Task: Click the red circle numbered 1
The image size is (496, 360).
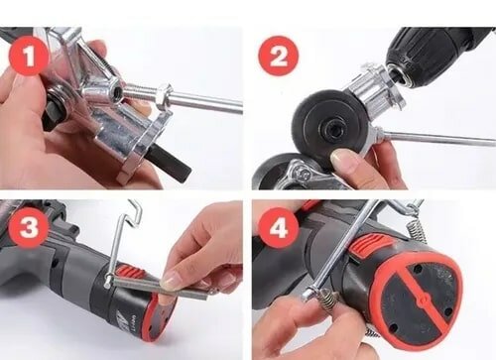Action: click(30, 56)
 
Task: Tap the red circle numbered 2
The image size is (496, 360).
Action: click(278, 56)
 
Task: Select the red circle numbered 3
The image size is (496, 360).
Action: click(29, 227)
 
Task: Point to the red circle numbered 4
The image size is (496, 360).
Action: click(279, 227)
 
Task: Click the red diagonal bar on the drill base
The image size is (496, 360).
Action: click(420, 298)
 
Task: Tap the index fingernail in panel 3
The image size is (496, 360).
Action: click(170, 282)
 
